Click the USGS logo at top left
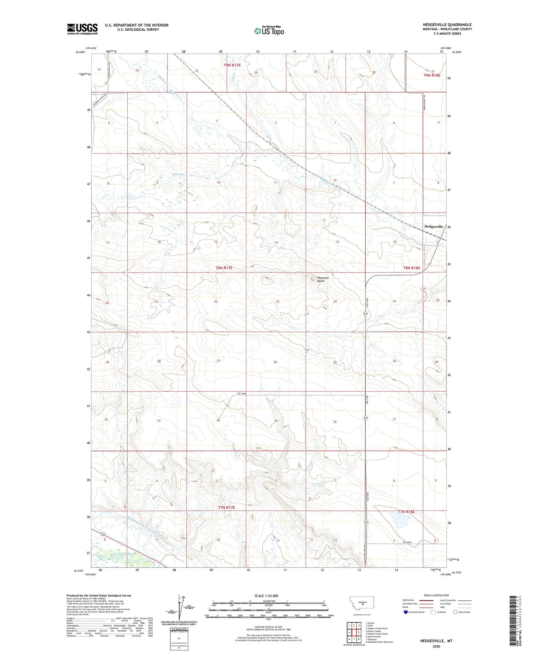pos(82,29)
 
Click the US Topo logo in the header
pos(269,31)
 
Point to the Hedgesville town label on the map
pos(434,226)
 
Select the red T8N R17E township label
pos(224,268)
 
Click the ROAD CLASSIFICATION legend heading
pos(436,595)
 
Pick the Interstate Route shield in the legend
pos(405,612)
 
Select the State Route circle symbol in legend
pos(455,612)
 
